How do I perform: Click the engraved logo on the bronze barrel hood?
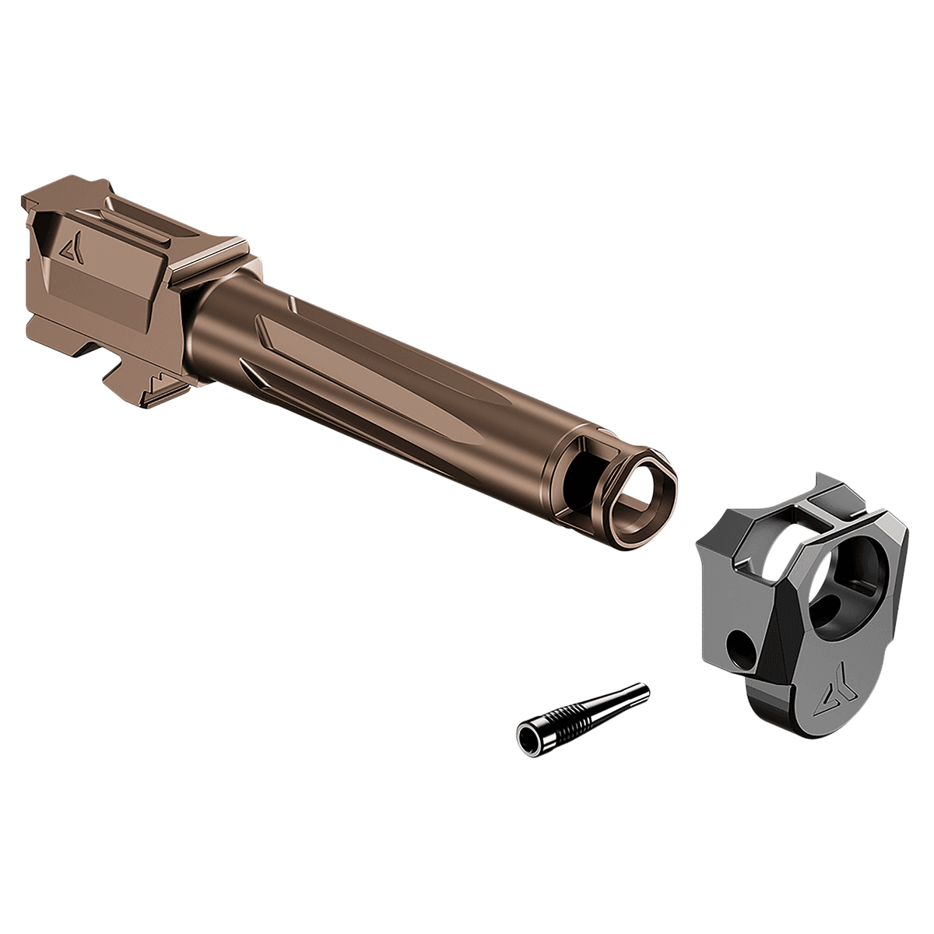coord(70,248)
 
